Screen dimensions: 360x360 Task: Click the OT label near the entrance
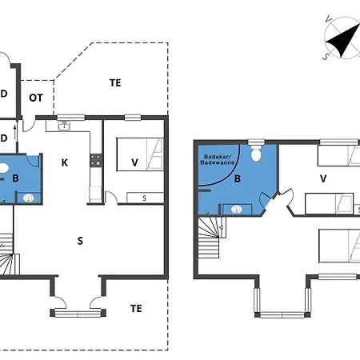click(x=36, y=98)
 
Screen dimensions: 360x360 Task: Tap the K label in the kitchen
click(x=65, y=162)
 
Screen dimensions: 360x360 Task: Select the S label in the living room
click(x=80, y=241)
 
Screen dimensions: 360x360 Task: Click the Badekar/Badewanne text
click(x=218, y=159)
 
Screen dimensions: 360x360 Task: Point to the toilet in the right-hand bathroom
click(x=256, y=153)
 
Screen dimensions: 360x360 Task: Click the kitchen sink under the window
click(x=64, y=126)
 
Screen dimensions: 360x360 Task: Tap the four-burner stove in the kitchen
click(x=96, y=160)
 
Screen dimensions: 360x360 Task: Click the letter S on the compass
click(x=326, y=56)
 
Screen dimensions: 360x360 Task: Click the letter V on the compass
click(x=329, y=19)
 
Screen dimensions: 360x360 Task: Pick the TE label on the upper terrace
click(x=115, y=83)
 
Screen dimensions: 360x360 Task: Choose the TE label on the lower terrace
click(x=136, y=309)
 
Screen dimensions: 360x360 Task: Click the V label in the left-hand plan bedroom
click(x=134, y=162)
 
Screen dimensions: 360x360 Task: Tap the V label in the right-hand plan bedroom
click(x=323, y=178)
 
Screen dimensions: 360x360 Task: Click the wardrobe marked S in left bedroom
click(x=145, y=198)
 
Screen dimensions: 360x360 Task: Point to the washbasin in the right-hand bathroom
click(x=237, y=210)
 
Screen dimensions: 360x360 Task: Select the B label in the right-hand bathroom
click(x=238, y=178)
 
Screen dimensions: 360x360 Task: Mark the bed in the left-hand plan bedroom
click(x=140, y=154)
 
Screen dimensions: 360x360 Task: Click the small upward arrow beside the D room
click(x=15, y=133)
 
